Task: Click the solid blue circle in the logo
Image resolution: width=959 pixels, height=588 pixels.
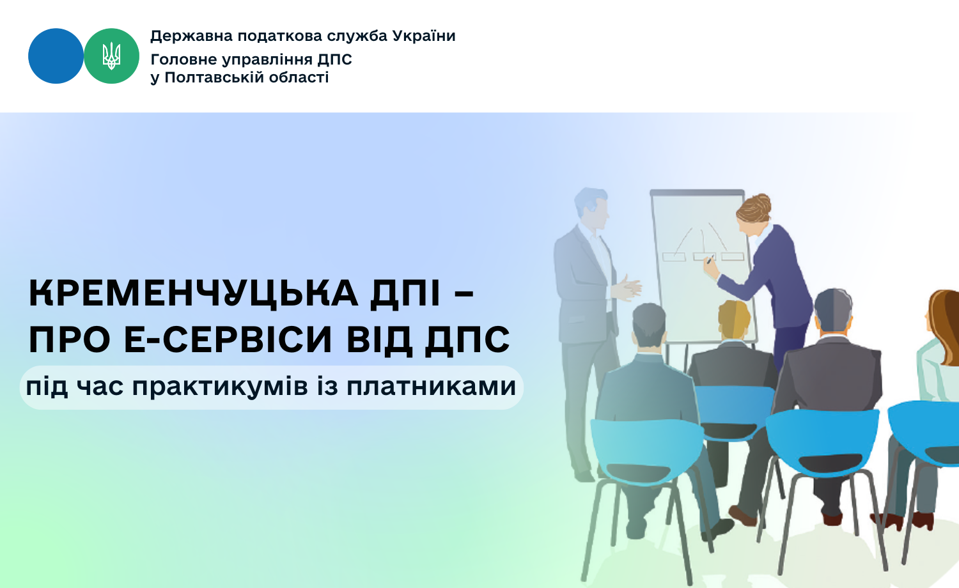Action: tap(56, 56)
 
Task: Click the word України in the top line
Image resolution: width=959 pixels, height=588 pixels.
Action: tap(424, 36)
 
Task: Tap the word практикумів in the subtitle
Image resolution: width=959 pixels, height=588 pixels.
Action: tap(220, 387)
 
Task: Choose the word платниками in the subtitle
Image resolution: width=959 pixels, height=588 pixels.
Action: tap(431, 387)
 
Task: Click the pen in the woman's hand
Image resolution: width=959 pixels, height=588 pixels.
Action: tap(710, 259)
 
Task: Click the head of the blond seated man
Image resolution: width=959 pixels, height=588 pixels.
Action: tap(734, 320)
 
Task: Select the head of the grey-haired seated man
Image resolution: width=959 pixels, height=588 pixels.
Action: tap(832, 311)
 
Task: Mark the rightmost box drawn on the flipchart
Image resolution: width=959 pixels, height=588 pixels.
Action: tap(733, 256)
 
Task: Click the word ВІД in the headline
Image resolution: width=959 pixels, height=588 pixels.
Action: tap(378, 339)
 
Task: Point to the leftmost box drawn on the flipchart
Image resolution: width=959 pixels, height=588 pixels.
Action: tap(674, 257)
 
